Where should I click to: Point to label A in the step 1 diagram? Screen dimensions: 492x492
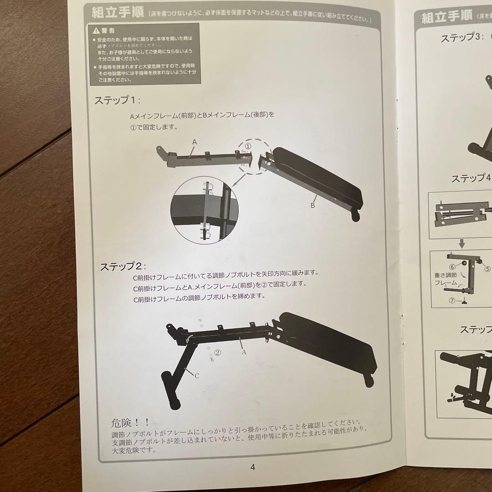[x=194, y=142]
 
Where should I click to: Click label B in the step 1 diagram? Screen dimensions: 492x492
[x=313, y=205]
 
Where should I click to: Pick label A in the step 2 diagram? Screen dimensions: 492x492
[x=244, y=352]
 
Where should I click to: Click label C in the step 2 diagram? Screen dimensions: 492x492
[x=196, y=376]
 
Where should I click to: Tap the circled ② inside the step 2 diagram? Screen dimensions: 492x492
[x=217, y=352]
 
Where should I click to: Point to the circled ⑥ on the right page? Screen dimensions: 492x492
[x=452, y=267]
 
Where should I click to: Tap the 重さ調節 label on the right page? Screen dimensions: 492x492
[x=446, y=276]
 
